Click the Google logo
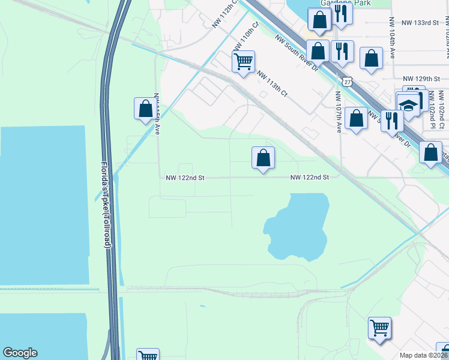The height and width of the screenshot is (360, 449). [x=20, y=353]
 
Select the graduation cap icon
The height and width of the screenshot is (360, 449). [x=408, y=106]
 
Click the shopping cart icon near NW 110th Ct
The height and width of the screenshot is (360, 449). [x=244, y=61]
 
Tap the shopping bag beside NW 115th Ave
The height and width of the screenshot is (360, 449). [x=145, y=109]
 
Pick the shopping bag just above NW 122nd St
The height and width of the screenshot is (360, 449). [x=263, y=158]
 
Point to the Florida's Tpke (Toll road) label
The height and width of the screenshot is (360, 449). [x=106, y=204]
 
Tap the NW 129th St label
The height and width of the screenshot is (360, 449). [x=417, y=79]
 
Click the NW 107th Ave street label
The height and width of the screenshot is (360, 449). [x=339, y=112]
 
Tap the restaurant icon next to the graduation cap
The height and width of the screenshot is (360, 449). [x=391, y=121]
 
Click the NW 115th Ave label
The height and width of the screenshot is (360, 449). [x=157, y=114]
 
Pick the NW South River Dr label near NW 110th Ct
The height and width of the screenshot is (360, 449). [x=297, y=53]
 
